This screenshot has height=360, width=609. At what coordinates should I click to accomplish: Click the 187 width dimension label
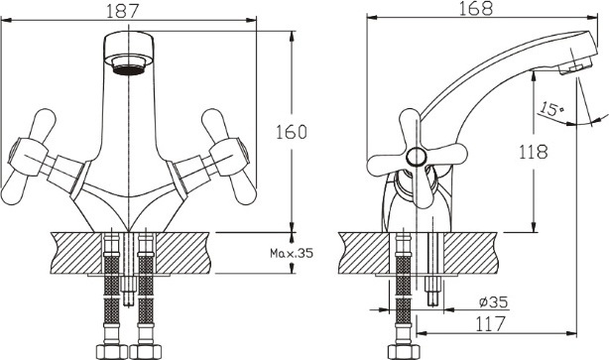(x=122, y=11)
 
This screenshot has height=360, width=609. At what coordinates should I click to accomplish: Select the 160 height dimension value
(x=292, y=132)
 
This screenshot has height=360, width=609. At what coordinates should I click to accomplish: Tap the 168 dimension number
(x=475, y=8)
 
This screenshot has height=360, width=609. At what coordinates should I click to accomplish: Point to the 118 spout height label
(x=534, y=152)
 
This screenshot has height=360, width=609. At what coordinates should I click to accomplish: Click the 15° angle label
(x=551, y=109)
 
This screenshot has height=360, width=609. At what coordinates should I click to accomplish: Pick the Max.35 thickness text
(x=292, y=253)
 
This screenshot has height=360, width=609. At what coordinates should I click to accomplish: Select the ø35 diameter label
(x=493, y=301)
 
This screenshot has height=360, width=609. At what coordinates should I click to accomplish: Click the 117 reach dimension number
(x=491, y=324)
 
